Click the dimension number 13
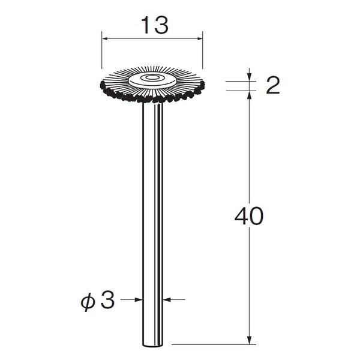(x=155, y=25)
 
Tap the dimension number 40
(x=249, y=216)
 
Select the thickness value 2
(x=273, y=85)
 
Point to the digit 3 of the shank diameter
(x=107, y=301)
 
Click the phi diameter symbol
(x=88, y=303)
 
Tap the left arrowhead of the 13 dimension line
(x=104, y=38)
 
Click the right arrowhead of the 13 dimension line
(x=200, y=38)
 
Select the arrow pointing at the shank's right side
(x=174, y=299)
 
